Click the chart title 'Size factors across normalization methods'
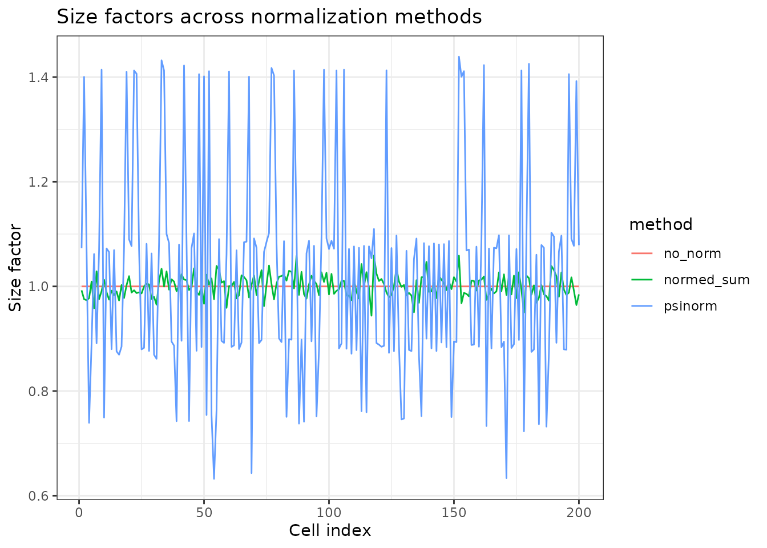269,17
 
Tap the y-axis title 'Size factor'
16,268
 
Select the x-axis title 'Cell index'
330,530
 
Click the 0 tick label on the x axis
79,512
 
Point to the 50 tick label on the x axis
204,512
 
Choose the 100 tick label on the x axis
329,512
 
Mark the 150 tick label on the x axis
454,512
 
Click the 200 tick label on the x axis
579,512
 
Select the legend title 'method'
660,225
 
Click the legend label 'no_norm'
692,253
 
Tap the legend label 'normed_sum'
706,280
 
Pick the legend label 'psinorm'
690,306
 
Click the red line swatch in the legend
642,253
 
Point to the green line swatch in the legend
642,280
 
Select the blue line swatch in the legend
642,306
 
